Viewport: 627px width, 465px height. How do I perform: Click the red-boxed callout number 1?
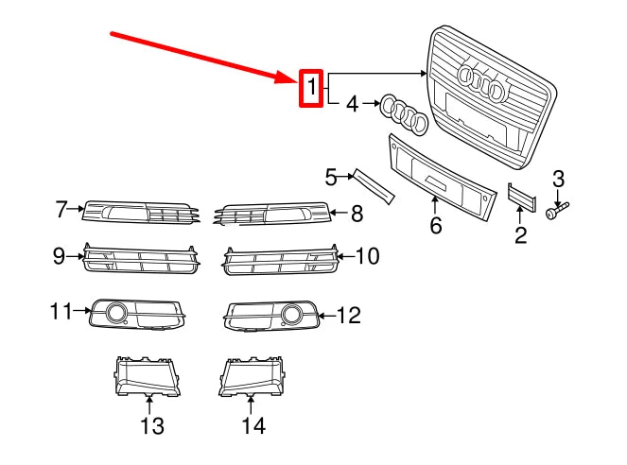tap(311, 89)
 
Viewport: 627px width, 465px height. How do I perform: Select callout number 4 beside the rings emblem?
tap(352, 104)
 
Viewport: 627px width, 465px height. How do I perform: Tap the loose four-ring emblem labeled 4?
tap(401, 112)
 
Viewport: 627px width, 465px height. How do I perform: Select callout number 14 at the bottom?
tap(253, 426)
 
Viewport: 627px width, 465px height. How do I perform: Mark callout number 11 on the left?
tap(61, 310)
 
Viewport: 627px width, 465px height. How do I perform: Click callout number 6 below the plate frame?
tap(435, 226)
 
